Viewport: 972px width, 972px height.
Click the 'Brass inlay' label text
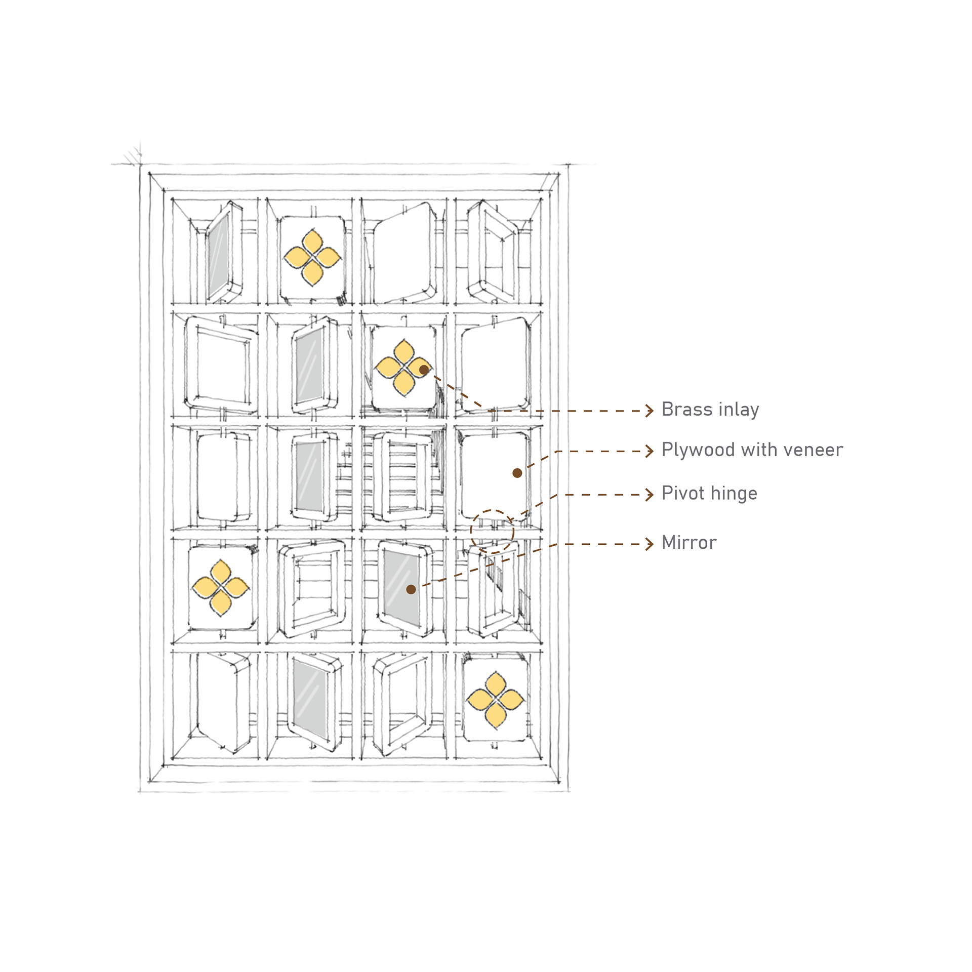point(710,410)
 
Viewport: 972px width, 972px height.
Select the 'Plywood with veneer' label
point(752,450)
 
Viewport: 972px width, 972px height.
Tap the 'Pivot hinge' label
point(709,494)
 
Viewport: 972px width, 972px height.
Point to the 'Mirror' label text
point(688,543)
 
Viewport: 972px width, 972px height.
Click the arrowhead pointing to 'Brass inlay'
point(650,411)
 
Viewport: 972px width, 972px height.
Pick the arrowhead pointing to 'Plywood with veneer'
point(650,451)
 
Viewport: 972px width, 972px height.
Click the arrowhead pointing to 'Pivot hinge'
point(650,494)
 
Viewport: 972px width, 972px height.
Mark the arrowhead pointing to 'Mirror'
point(650,544)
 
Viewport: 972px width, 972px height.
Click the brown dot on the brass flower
point(424,370)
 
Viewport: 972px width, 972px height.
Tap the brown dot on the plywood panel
point(517,473)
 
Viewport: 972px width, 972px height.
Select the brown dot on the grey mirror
point(411,589)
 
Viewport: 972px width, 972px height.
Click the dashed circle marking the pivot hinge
point(492,532)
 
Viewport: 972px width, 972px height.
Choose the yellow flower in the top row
point(312,257)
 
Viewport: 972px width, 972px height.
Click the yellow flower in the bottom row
point(495,700)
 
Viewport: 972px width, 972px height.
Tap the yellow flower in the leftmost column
point(221,588)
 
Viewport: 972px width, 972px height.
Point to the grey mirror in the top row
point(219,256)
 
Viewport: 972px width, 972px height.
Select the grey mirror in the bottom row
point(309,699)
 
